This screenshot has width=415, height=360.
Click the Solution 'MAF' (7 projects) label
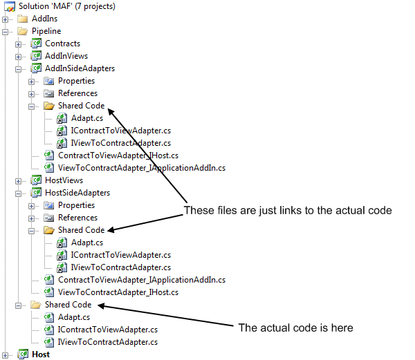pos(66,6)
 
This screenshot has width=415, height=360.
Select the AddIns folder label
pos(44,19)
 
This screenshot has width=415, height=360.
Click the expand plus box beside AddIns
pos(5,19)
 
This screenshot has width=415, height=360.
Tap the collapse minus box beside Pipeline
pos(5,32)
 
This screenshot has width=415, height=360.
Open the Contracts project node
pos(62,44)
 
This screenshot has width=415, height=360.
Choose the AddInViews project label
pos(66,56)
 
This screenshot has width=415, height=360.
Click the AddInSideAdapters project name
pos(80,68)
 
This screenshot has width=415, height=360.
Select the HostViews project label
pos(64,180)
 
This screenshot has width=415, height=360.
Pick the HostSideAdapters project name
pos(77,193)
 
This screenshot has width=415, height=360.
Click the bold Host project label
pos(41,354)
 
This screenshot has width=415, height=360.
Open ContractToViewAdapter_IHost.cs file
pos(118,155)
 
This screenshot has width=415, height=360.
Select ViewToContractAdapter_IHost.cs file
pos(118,292)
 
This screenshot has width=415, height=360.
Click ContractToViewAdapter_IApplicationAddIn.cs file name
pos(142,280)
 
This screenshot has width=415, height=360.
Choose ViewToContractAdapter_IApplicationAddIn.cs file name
pos(142,168)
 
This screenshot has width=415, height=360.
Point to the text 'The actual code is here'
pos(295,328)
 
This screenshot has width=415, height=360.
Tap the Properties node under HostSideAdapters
pos(76,205)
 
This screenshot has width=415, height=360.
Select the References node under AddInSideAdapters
pos(77,93)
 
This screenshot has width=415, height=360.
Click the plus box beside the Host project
pos(5,355)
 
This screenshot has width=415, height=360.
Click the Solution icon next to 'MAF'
pos(10,7)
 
